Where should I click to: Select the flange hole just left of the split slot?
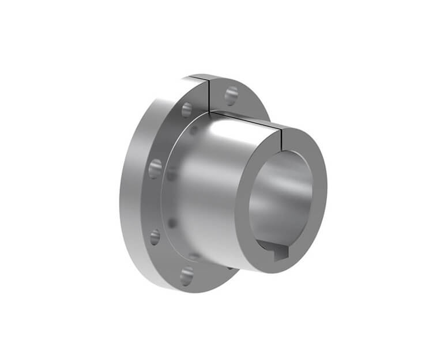coord(187,109)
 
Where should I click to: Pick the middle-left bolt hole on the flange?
coord(155,168)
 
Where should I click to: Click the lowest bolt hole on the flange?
coord(186,276)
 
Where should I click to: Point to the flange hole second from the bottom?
coord(155,236)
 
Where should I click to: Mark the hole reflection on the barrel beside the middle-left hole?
coord(172,173)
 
